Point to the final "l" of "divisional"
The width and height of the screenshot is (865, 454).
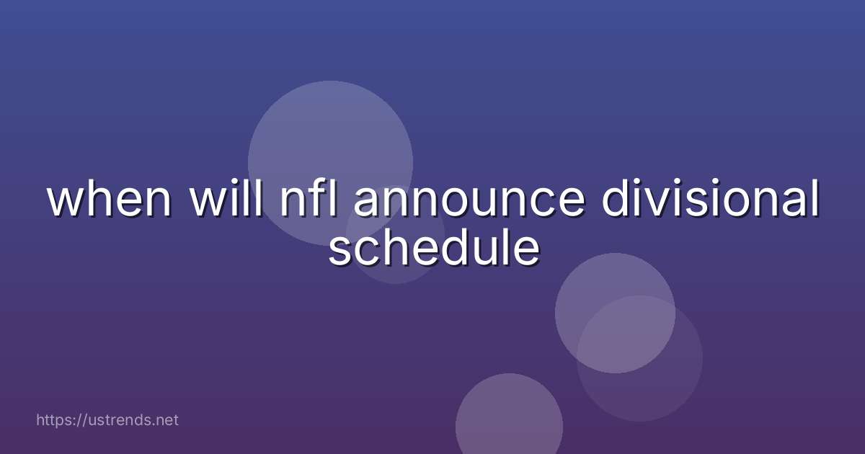(813, 200)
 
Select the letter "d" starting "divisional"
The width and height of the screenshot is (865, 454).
(617, 200)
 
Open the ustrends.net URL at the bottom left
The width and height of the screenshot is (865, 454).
(107, 420)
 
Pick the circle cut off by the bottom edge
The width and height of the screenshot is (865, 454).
(509, 422)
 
